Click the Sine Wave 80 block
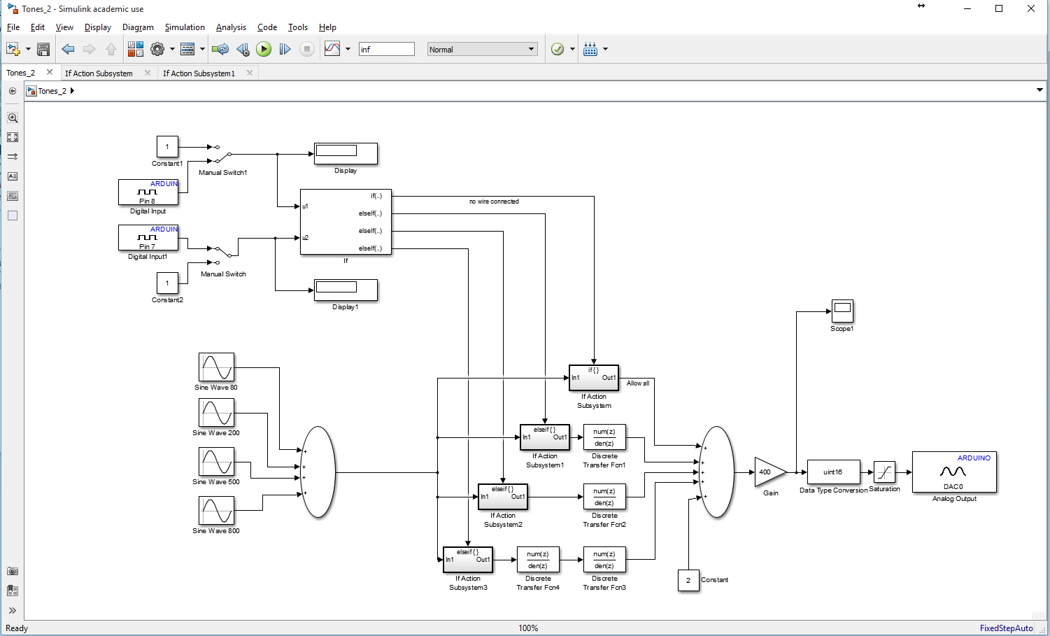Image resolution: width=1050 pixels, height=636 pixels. tap(216, 367)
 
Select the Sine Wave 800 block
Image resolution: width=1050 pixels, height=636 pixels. tap(216, 511)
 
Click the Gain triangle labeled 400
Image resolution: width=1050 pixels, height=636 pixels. tap(768, 472)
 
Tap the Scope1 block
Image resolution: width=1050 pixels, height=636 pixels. tap(842, 311)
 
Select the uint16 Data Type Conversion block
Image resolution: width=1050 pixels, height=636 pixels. tap(833, 472)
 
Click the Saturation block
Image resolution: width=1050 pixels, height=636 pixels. tap(884, 472)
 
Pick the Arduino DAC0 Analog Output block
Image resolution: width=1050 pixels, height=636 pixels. tap(954, 472)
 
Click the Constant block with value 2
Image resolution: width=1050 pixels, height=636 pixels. tap(688, 580)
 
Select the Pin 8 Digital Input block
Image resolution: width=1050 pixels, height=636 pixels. tap(148, 192)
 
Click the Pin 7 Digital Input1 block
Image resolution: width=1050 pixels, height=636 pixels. tap(148, 238)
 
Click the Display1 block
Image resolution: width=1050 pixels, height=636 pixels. tap(346, 290)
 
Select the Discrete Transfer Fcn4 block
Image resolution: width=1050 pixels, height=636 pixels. tap(538, 560)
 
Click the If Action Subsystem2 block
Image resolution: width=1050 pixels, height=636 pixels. tap(502, 497)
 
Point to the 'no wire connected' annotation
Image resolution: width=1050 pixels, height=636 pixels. tap(494, 202)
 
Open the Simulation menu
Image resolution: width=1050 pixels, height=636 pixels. tap(185, 27)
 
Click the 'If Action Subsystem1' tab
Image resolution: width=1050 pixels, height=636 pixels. tap(199, 73)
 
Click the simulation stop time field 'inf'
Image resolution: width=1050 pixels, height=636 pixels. tap(386, 49)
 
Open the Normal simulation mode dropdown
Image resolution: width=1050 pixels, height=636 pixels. tap(482, 49)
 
